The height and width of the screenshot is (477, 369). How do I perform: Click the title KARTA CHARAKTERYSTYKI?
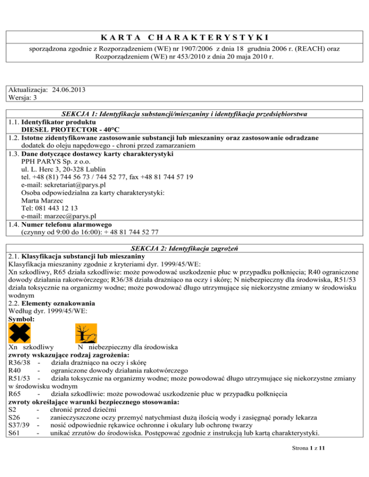pos(184,37)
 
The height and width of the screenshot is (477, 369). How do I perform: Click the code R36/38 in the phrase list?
pos(20,363)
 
